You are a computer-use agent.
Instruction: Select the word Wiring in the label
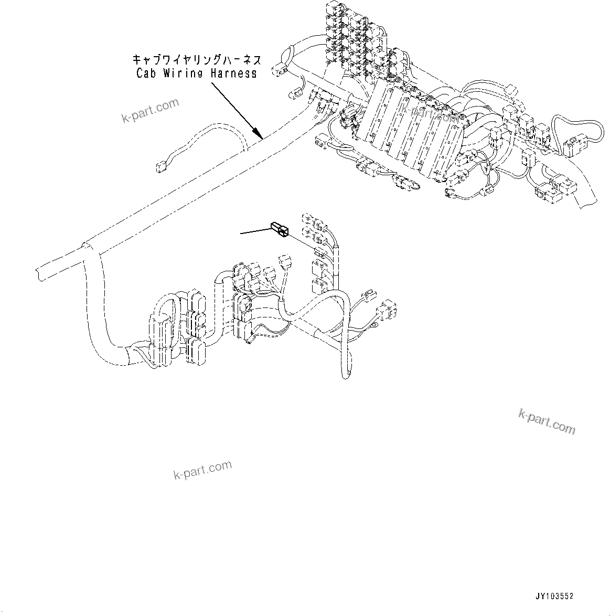183,73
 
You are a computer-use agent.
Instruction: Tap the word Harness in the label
233,73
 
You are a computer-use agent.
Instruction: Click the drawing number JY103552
554,597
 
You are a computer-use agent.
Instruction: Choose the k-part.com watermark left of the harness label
150,111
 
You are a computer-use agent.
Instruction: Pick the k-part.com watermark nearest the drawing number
546,421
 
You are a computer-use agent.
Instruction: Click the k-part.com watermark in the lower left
202,470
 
